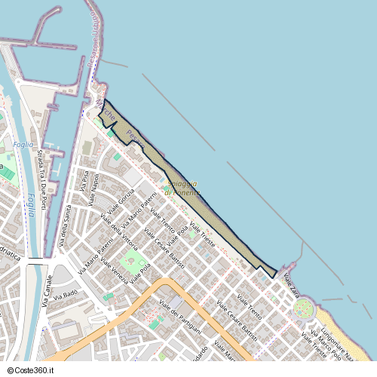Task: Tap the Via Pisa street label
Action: (84, 181)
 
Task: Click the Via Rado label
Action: (66, 293)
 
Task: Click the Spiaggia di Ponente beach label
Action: (182, 188)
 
